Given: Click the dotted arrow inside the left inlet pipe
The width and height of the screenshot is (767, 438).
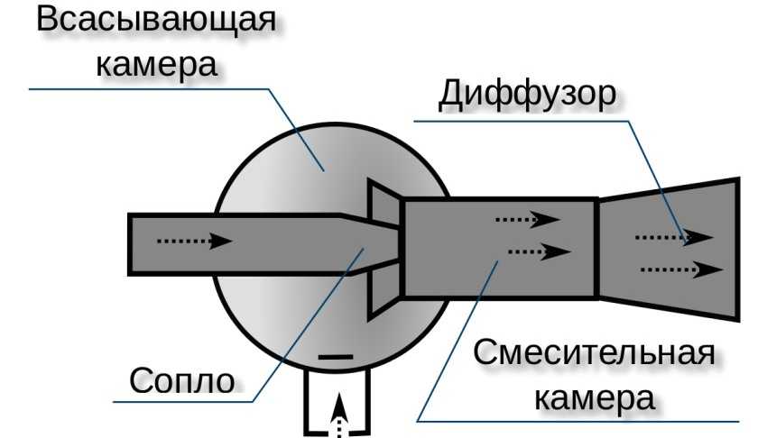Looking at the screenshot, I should coord(195,242).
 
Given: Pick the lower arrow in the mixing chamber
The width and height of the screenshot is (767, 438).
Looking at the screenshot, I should coord(539,251).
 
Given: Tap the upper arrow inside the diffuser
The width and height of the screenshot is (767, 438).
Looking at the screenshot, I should coord(673,237).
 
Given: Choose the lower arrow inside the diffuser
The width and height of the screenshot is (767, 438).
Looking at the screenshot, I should coord(681,269).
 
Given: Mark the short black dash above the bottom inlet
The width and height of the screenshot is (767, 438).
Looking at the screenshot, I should coord(336,358).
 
